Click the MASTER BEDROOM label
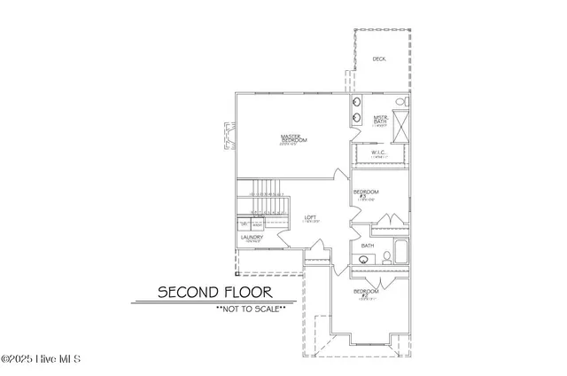pos(294,138)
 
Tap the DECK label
pos(378,59)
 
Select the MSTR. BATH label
pos(381,121)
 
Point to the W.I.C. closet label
pos(379,154)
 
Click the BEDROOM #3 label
pos(366,194)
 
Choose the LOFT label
pos(310,218)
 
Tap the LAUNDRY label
pos(252,239)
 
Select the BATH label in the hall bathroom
pos(367,246)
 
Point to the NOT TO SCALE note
pos(250,309)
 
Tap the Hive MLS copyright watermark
pos(41,359)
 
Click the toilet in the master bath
pos(400,102)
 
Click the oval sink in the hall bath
pos(363,260)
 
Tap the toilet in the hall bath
pos(387,258)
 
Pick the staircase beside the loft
pos(263,199)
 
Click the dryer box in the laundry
pos(245,226)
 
